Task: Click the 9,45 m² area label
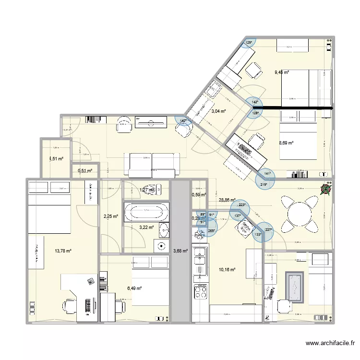click(x=282, y=72)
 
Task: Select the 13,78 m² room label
click(x=63, y=251)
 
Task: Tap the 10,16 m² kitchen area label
click(x=227, y=270)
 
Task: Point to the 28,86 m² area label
click(x=227, y=200)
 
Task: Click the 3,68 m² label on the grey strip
click(x=180, y=250)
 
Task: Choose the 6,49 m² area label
click(x=135, y=288)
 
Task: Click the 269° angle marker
click(x=211, y=230)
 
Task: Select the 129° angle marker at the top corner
click(x=248, y=43)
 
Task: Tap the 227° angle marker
click(x=268, y=229)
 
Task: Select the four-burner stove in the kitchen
click(x=199, y=290)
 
